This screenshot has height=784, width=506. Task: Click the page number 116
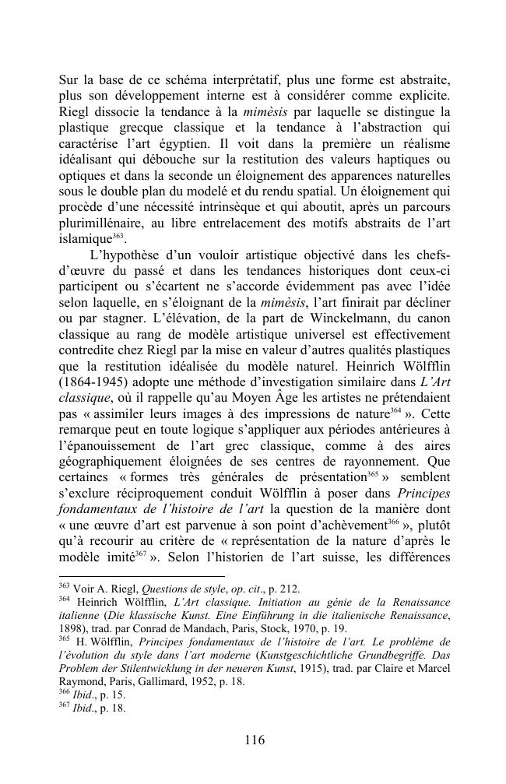tap(254, 740)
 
